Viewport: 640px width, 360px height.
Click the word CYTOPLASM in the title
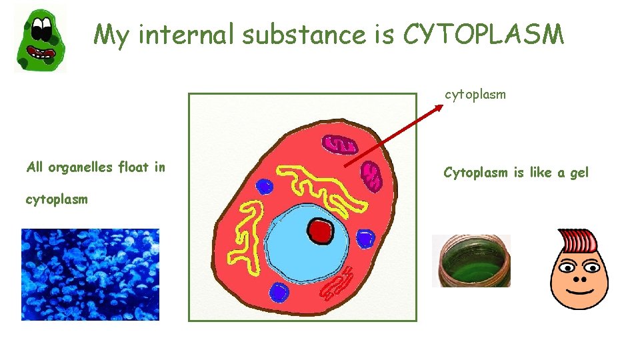click(x=483, y=34)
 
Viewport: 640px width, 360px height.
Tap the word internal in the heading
click(x=185, y=34)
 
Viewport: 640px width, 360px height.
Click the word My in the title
click(x=111, y=35)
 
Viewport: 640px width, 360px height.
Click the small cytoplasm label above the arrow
click(x=475, y=95)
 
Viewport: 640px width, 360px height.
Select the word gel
click(x=579, y=173)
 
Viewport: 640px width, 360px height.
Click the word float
click(x=133, y=167)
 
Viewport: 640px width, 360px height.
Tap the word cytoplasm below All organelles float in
click(x=56, y=199)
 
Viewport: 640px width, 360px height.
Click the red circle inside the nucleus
click(x=321, y=231)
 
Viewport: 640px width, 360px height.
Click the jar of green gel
click(x=471, y=261)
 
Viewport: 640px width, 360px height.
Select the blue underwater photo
click(x=91, y=274)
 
